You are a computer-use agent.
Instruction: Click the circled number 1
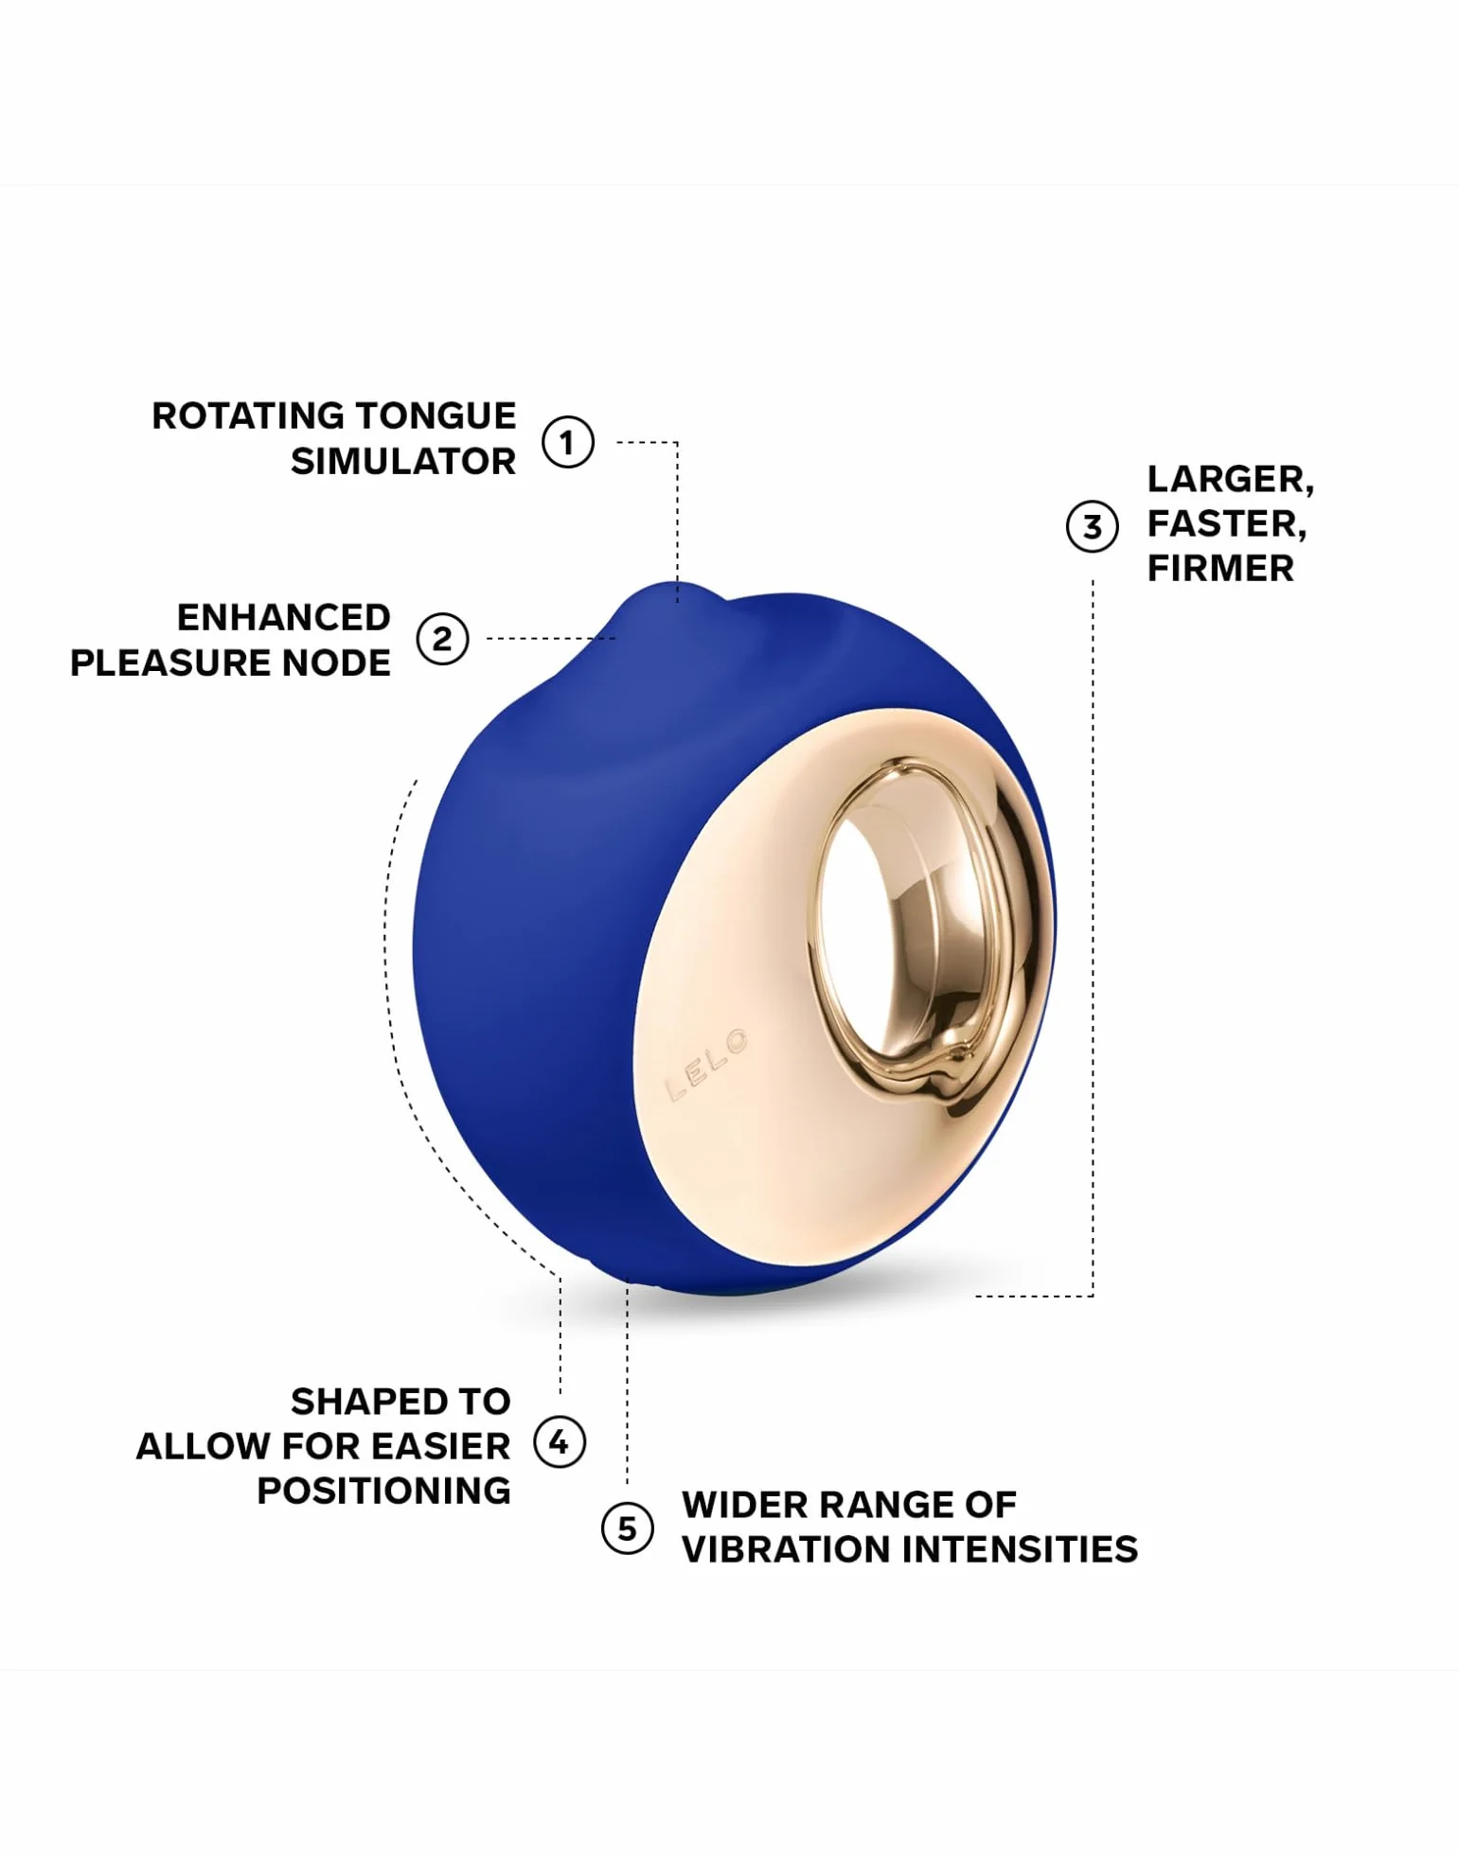[x=567, y=442]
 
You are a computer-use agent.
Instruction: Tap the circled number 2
[x=442, y=639]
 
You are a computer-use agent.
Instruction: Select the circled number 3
[x=1092, y=526]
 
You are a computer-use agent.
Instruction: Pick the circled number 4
[x=559, y=1442]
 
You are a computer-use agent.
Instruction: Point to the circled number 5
[x=627, y=1528]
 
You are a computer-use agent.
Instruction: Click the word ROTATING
[x=247, y=415]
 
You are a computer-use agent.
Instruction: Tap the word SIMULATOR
[x=403, y=462]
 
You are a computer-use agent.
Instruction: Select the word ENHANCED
[x=284, y=617]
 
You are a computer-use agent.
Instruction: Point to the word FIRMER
[x=1220, y=568]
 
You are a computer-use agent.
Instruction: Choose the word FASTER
[x=1227, y=524]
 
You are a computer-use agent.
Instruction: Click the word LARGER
[x=1231, y=480]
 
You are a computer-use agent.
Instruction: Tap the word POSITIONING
[x=383, y=1491]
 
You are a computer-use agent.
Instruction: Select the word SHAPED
[x=359, y=1402]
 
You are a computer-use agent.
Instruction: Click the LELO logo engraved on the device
[x=707, y=1065]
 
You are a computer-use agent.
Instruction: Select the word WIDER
[x=745, y=1505]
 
